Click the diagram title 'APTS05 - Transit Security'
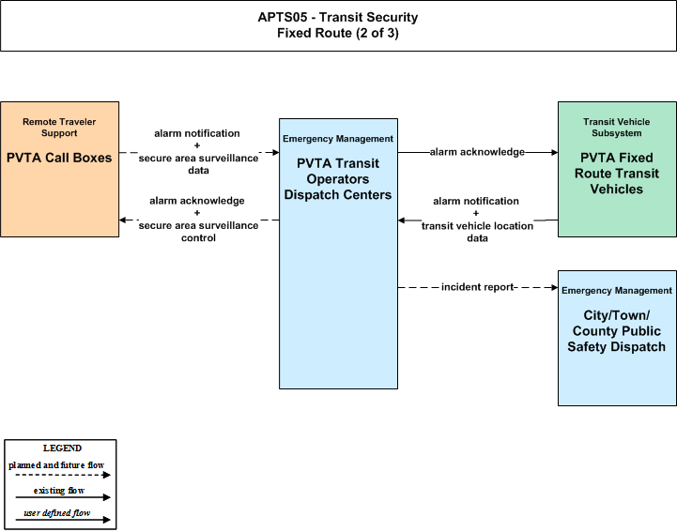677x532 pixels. (338, 17)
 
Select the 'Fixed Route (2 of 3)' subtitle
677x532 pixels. (338, 33)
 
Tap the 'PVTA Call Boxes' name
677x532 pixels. (59, 158)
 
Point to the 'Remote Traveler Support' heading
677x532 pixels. (59, 128)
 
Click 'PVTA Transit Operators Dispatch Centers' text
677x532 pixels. (338, 179)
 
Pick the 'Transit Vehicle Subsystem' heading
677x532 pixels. (617, 128)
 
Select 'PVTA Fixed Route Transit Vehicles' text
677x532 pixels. (617, 174)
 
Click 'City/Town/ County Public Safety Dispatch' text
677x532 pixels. (617, 331)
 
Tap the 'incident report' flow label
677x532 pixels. (477, 287)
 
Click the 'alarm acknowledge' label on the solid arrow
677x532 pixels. (477, 152)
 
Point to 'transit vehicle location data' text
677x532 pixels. (477, 232)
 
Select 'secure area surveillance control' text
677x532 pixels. (198, 231)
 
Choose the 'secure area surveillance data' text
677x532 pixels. (198, 164)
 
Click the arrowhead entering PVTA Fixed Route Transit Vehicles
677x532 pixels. (554, 152)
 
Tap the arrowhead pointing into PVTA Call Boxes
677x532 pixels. (123, 220)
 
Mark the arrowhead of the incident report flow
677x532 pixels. (554, 287)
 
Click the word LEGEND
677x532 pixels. (62, 448)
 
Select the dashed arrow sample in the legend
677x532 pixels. (63, 475)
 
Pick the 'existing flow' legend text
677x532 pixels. (59, 491)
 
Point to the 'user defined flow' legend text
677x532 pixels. (57, 513)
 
